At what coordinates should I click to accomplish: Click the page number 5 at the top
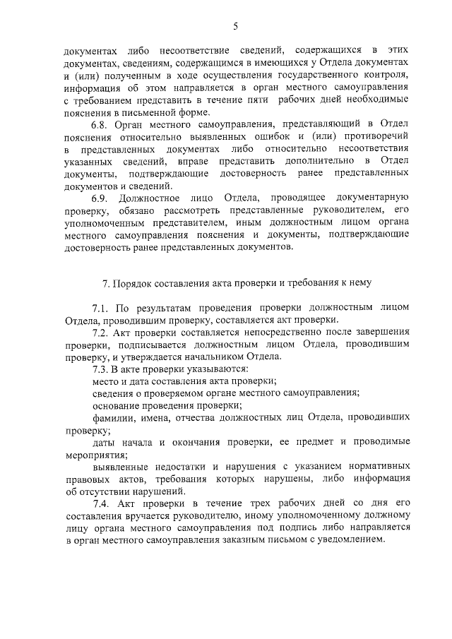(235, 26)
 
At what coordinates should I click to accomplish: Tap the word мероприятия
(91, 455)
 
